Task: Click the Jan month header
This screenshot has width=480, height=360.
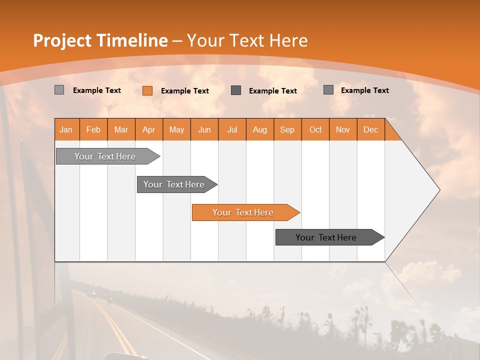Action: coord(66,129)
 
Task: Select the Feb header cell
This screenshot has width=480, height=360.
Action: coord(93,129)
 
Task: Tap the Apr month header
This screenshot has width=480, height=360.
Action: coord(148,129)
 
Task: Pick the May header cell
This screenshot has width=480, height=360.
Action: coord(176,129)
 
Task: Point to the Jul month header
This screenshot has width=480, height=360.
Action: coord(232,129)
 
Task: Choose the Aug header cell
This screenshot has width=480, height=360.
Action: coord(259,129)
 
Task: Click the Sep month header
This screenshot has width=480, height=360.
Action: coord(287,129)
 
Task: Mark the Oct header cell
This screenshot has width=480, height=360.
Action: coord(315,129)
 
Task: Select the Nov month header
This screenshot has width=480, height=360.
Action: coord(342,129)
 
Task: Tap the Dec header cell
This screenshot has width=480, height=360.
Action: coord(370,129)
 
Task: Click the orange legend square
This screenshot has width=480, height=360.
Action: coord(147,90)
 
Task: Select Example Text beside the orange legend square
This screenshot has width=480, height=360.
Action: coord(184,91)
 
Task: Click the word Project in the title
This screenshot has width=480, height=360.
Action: coord(62,40)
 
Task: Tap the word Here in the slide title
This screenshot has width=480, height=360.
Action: coord(288,40)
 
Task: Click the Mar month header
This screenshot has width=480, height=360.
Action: coord(121,129)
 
